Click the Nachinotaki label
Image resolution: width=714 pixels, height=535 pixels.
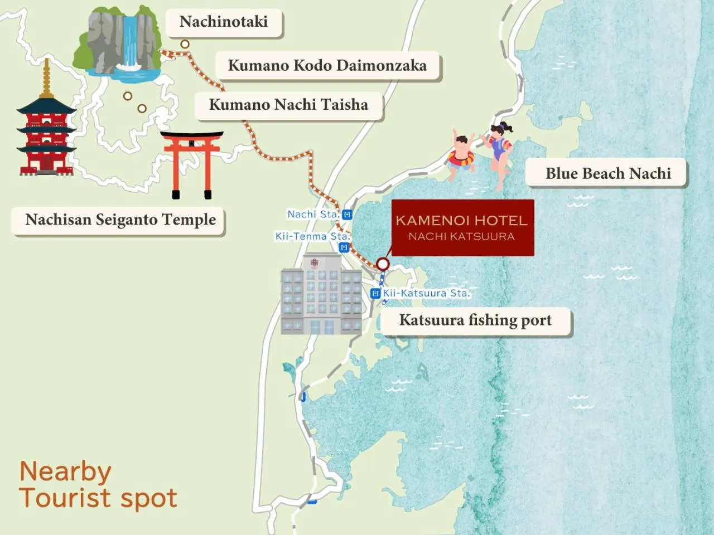pyautogui.click(x=224, y=22)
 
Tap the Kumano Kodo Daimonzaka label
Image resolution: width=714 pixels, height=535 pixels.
pyautogui.click(x=327, y=66)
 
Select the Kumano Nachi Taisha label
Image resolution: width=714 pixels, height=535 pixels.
pyautogui.click(x=288, y=105)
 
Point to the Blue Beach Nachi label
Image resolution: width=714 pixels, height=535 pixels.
pyautogui.click(x=607, y=174)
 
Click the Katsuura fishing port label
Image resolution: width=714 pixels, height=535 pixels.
pyautogui.click(x=475, y=320)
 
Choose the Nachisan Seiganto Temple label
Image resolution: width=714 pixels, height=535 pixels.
pyautogui.click(x=120, y=220)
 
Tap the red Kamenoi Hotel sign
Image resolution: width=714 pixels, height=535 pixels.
pyautogui.click(x=462, y=228)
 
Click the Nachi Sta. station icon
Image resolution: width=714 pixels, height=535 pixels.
pyautogui.click(x=347, y=215)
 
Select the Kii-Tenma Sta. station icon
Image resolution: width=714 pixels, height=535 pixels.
pyautogui.click(x=344, y=247)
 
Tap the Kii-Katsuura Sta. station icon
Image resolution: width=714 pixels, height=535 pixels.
pyautogui.click(x=375, y=293)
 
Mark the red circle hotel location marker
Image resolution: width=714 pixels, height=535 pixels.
pyautogui.click(x=383, y=264)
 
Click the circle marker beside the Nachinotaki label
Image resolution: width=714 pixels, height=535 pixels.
pyautogui.click(x=185, y=44)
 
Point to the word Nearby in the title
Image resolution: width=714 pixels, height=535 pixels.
pyautogui.click(x=65, y=472)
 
